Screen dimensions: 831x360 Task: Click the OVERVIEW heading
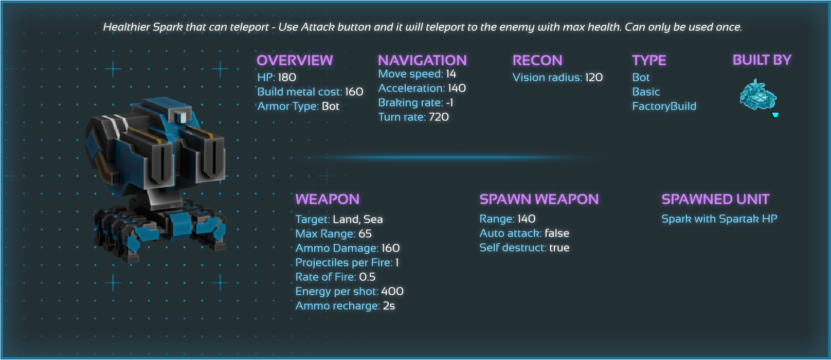(x=295, y=61)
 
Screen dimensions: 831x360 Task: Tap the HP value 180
(x=287, y=78)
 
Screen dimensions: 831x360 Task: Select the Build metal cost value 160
(x=354, y=92)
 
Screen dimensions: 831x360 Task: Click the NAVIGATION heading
(x=422, y=61)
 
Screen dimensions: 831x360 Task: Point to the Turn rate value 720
(x=439, y=117)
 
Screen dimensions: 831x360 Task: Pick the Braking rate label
(x=410, y=103)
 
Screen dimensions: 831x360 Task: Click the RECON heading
(x=537, y=61)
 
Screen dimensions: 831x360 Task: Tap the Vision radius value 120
(x=594, y=78)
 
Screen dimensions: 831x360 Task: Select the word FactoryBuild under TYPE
(x=664, y=106)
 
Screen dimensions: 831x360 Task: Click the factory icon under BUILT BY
(x=757, y=95)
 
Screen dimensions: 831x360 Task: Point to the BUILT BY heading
(x=762, y=60)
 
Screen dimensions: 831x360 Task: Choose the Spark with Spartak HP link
(x=719, y=219)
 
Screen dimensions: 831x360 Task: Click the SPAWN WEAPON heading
(x=539, y=200)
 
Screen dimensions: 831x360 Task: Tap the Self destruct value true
(x=559, y=248)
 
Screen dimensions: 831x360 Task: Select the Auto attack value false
(x=557, y=233)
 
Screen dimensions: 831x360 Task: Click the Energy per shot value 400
(x=392, y=292)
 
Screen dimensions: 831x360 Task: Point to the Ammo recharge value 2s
(x=389, y=306)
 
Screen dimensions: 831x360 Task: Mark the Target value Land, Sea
(x=357, y=220)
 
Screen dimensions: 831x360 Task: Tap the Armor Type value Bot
(x=330, y=106)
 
